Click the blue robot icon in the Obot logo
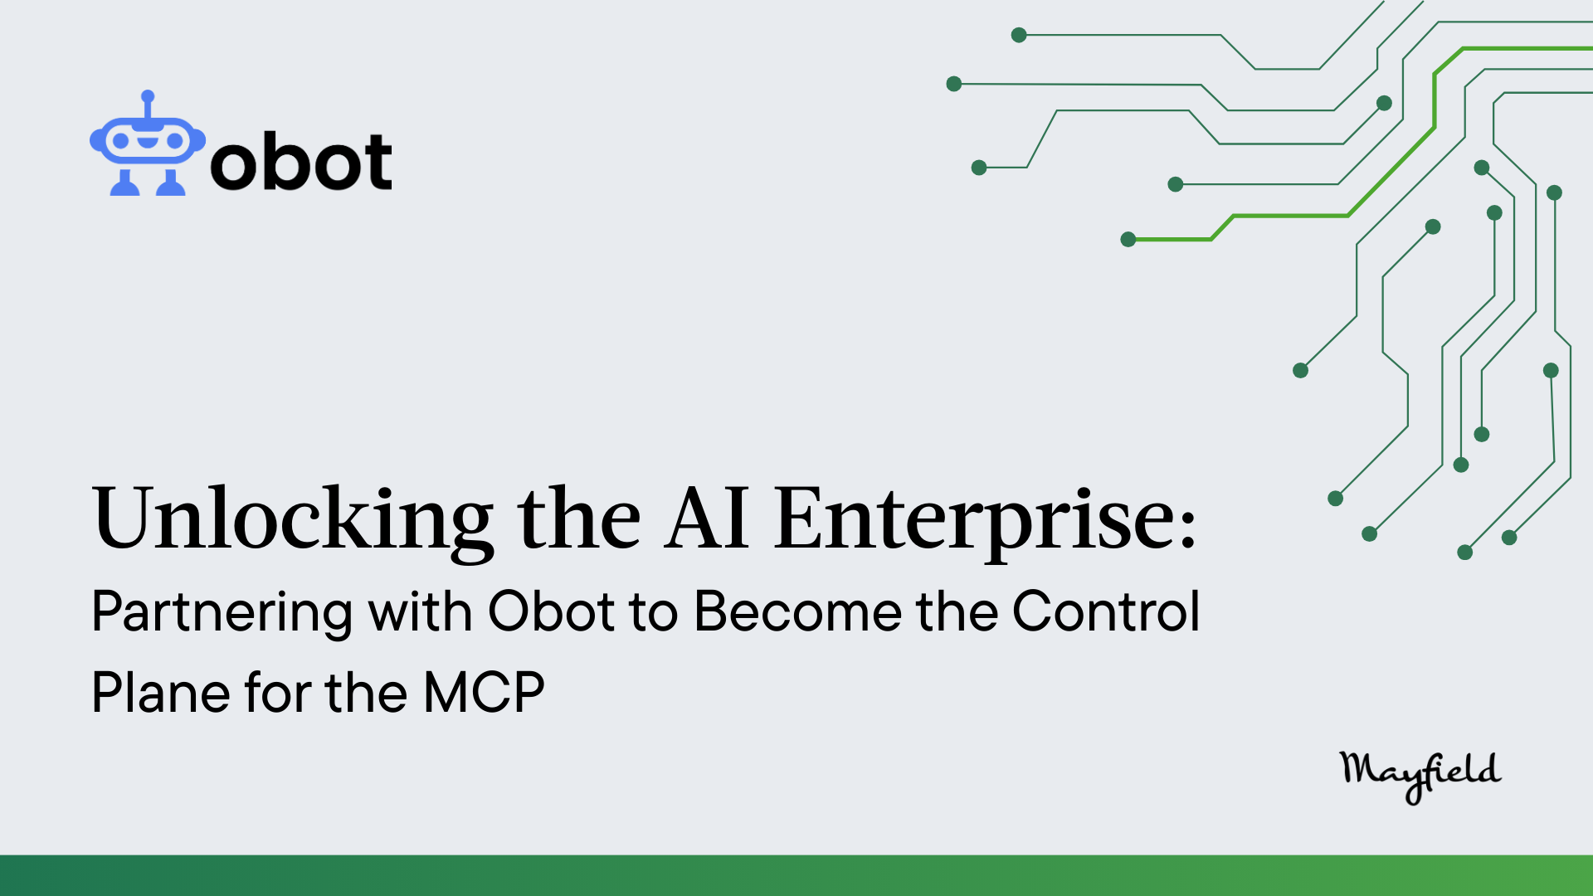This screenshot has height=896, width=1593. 148,143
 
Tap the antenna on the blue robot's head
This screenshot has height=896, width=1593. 148,103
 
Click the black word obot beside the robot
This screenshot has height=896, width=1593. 301,161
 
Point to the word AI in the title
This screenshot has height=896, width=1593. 707,519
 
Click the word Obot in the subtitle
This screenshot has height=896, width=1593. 552,612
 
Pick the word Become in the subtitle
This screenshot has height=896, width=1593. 798,612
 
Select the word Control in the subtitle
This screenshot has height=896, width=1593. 1106,611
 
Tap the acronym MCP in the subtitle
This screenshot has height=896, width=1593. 484,693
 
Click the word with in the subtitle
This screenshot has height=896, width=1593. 420,611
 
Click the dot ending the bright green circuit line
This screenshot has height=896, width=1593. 1128,240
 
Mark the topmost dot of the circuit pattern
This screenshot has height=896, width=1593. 1019,35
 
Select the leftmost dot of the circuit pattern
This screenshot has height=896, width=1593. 954,84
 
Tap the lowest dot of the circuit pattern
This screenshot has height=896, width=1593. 1465,553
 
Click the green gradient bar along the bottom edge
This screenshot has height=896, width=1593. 796,875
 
